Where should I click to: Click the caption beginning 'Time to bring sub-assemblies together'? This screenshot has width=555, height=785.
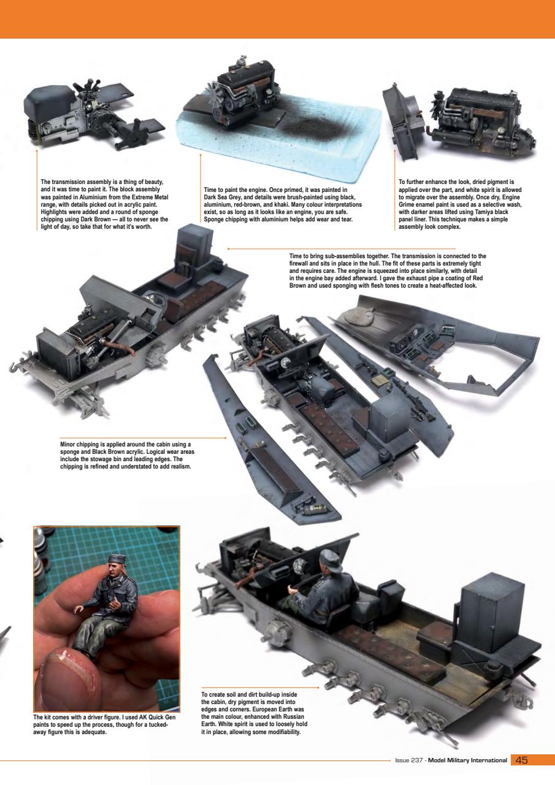click(387, 270)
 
